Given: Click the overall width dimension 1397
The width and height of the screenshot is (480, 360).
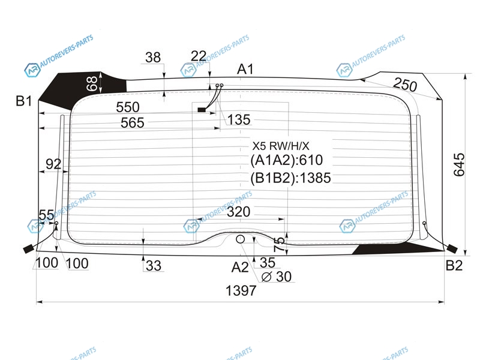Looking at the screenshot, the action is click(x=241, y=290).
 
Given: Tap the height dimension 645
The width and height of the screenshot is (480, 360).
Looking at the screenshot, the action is click(x=459, y=164).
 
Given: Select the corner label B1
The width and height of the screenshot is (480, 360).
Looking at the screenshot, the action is click(x=23, y=101).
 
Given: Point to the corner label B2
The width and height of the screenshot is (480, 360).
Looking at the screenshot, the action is click(x=454, y=265).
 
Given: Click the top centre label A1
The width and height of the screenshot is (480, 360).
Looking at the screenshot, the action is click(x=245, y=70).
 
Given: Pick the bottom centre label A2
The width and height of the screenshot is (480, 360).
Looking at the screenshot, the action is click(x=240, y=267).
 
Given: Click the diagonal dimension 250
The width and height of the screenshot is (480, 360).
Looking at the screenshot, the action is click(x=404, y=84).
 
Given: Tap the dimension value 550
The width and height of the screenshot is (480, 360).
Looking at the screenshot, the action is click(x=128, y=107).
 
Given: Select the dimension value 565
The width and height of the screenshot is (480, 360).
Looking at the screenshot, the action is click(x=132, y=123).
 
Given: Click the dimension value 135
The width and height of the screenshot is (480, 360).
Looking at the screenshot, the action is click(x=239, y=119).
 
